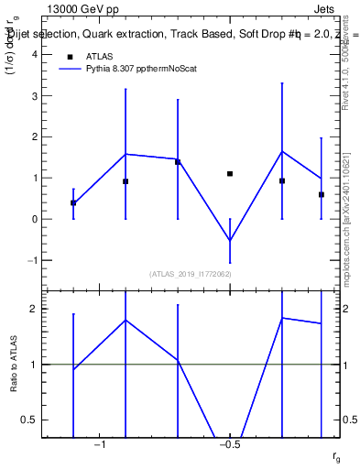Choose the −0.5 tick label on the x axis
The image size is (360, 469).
(x=229, y=444)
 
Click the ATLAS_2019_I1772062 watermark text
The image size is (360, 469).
(x=190, y=274)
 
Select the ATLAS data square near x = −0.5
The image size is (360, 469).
(x=230, y=174)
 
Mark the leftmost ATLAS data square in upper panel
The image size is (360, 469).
(x=73, y=203)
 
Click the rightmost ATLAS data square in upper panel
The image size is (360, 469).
(x=322, y=195)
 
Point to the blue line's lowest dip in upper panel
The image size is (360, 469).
(x=230, y=241)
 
